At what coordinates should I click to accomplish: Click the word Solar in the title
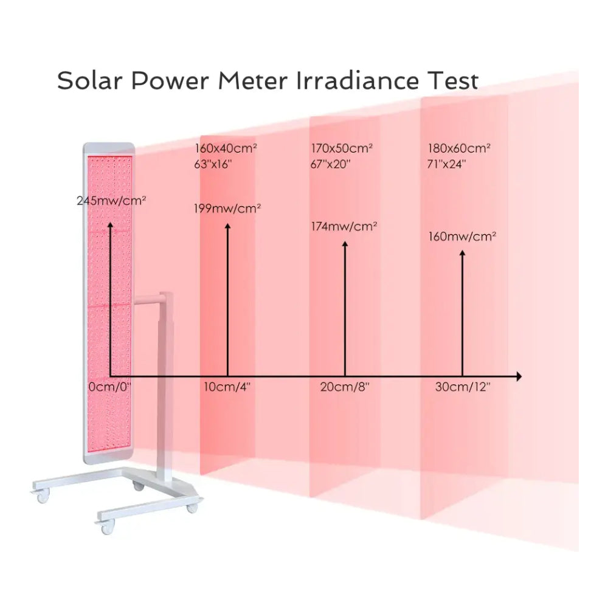point(91,81)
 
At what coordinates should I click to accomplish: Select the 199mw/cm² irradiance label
point(228,209)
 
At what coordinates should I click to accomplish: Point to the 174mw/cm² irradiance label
point(344,226)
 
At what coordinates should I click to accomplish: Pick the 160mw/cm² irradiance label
point(463,236)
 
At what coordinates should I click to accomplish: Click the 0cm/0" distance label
point(110,387)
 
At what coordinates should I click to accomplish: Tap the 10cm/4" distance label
point(227,387)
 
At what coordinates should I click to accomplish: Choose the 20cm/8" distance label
point(345,387)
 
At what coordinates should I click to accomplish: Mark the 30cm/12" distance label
point(463,387)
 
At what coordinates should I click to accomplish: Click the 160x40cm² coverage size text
point(226,148)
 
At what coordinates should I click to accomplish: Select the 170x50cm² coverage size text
point(342,148)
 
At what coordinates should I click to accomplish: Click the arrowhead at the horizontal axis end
point(519,376)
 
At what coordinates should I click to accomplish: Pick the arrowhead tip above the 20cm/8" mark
point(345,243)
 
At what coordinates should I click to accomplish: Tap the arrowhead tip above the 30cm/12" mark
point(463,252)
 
